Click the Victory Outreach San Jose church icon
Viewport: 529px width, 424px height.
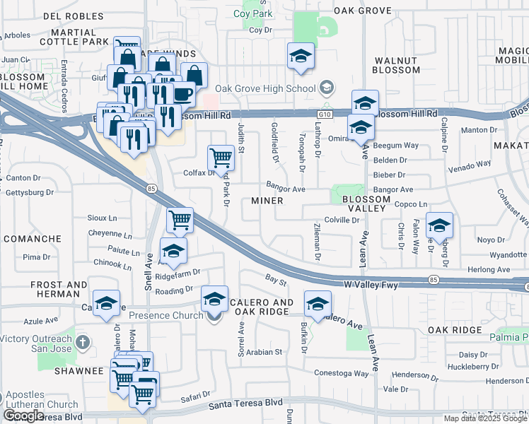click(83, 343)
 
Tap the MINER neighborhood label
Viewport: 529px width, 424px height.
click(267, 201)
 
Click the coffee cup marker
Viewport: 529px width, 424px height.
click(182, 93)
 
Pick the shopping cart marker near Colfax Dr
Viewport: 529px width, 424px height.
click(221, 157)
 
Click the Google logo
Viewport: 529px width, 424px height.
click(24, 416)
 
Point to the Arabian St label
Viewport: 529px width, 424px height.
click(263, 351)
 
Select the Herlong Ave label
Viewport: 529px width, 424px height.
click(489, 270)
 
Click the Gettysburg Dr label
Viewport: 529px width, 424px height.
click(30, 192)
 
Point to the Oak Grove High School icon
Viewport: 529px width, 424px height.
click(326, 88)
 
